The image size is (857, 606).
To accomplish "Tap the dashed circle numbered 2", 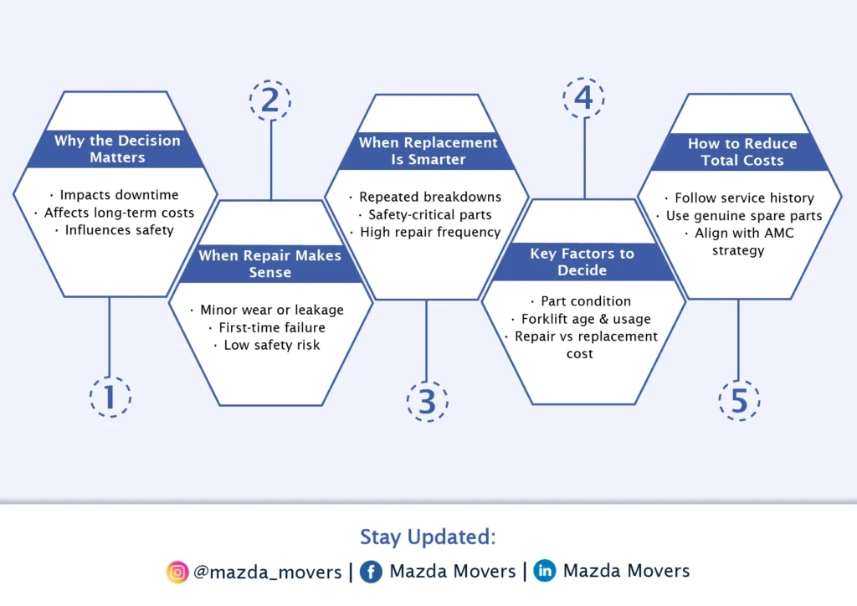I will [x=269, y=100].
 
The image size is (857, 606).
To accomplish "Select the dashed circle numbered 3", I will [x=427, y=402].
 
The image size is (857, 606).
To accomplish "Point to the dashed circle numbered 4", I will [x=583, y=98].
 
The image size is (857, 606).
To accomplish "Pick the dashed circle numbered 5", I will [x=739, y=401].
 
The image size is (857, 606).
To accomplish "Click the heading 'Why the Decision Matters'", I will [x=117, y=149].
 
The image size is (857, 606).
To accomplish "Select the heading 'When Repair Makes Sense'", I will [x=269, y=264].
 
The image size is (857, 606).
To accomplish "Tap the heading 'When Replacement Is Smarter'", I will [x=428, y=151].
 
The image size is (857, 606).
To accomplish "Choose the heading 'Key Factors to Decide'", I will [x=582, y=262].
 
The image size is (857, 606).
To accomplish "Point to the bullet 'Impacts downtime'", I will [x=119, y=195].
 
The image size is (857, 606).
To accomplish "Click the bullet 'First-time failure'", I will [x=271, y=327].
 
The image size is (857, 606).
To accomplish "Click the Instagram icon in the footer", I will [x=177, y=573].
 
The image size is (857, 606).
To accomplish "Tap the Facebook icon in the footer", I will [x=372, y=572].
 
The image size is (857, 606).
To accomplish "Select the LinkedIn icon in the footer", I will [x=545, y=572].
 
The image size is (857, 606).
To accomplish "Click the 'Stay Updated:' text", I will [x=428, y=537].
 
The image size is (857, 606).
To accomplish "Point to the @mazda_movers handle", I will [x=267, y=573].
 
